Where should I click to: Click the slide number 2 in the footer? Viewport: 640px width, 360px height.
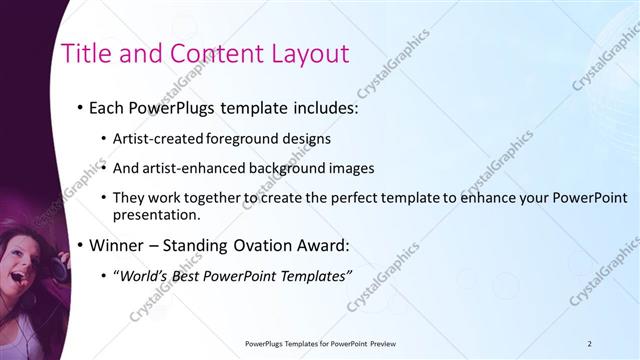pos(590,343)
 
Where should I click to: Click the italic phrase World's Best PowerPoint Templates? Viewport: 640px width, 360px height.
pos(234,275)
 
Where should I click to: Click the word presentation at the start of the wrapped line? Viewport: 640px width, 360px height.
pos(157,215)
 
